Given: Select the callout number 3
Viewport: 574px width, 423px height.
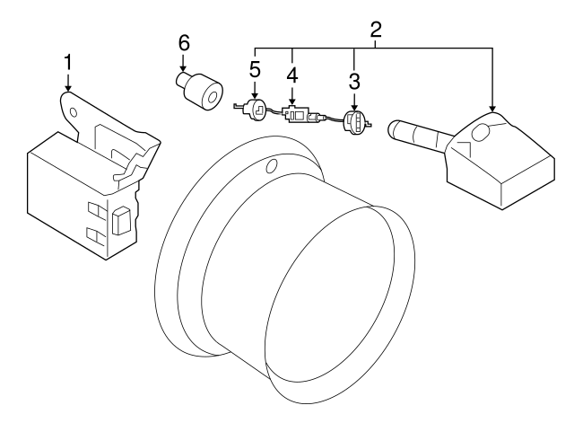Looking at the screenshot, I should [355, 82].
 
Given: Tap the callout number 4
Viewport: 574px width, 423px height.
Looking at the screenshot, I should [292, 72].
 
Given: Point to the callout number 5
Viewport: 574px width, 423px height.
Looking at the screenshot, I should [255, 67].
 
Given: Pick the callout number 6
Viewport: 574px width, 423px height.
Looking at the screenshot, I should [184, 42].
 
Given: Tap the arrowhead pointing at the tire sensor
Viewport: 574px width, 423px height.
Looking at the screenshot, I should [491, 110].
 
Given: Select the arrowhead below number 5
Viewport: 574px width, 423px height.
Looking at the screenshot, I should [255, 95].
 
